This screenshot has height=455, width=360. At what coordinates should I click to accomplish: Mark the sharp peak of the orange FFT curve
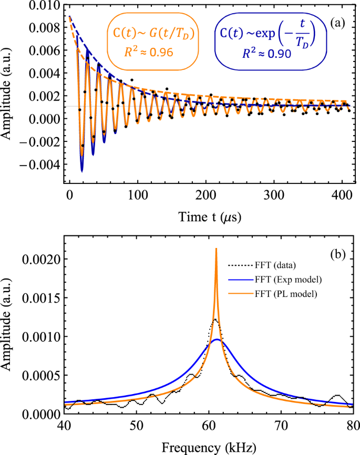click(x=216, y=249)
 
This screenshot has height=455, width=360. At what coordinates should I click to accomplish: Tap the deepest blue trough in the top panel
click(x=82, y=171)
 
